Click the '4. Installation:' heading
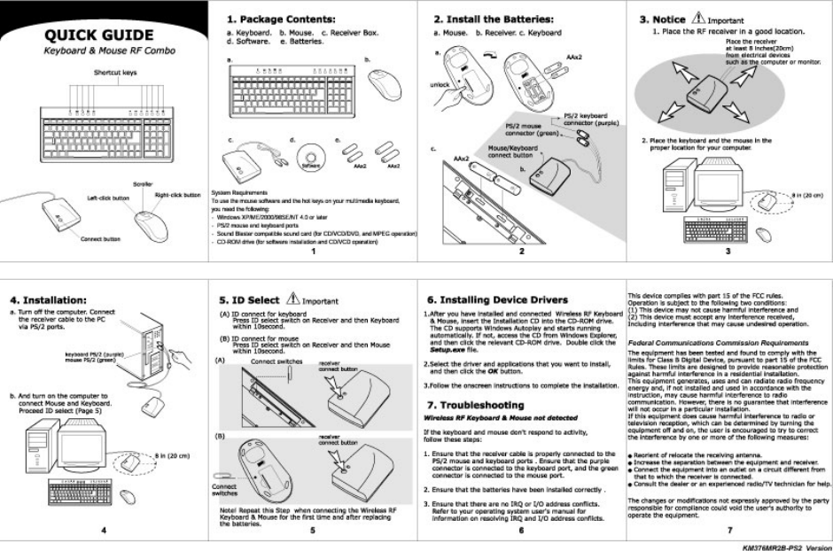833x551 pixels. (52, 288)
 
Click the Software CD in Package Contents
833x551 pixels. (308, 160)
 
